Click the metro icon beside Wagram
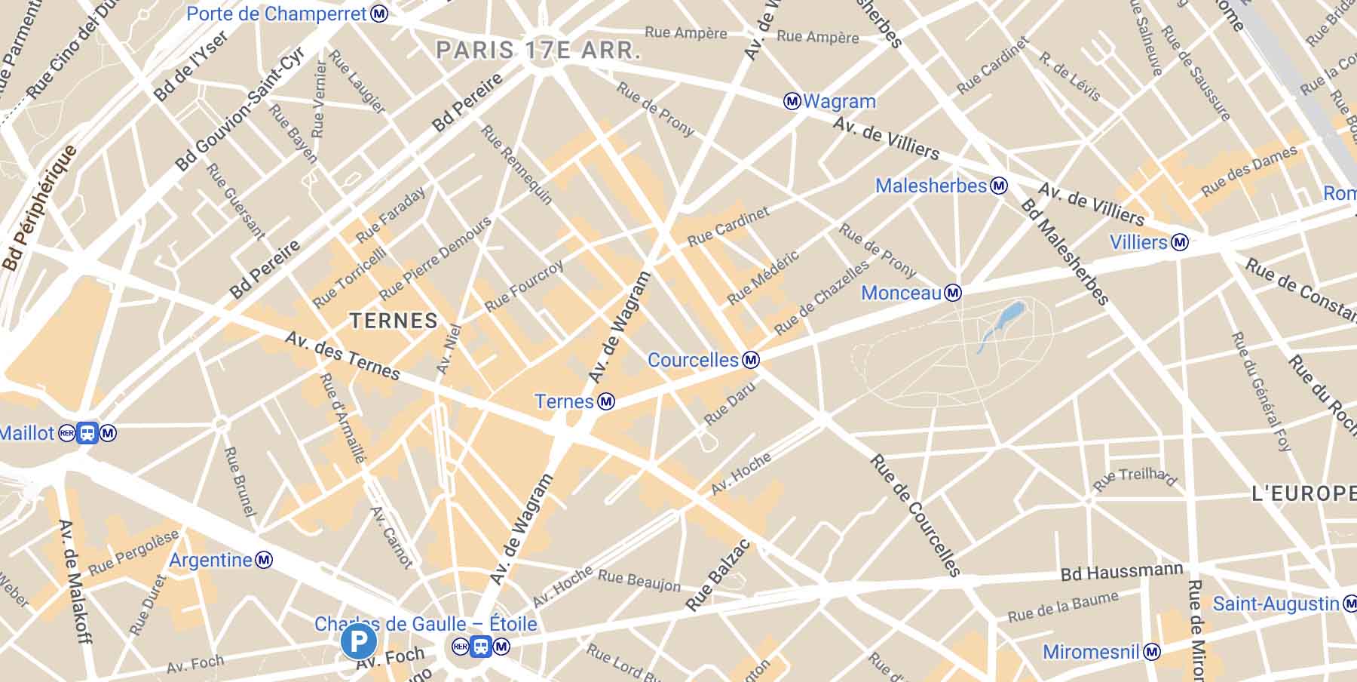[x=792, y=101]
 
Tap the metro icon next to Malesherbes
[x=998, y=186]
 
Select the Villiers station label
[x=1138, y=242]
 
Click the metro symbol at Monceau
[x=953, y=293]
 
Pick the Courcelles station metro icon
[x=750, y=360]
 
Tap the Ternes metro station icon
[x=605, y=402]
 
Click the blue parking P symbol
[x=358, y=642]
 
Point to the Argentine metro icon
[x=263, y=560]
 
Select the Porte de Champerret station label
[x=277, y=14]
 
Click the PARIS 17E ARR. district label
[x=538, y=51]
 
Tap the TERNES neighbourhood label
[x=394, y=321]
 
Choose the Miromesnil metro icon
[x=1150, y=652]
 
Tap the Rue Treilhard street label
[x=1135, y=478]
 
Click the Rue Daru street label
[x=728, y=403]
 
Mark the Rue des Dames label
[x=1248, y=171]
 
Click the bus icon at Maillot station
[x=87, y=433]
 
